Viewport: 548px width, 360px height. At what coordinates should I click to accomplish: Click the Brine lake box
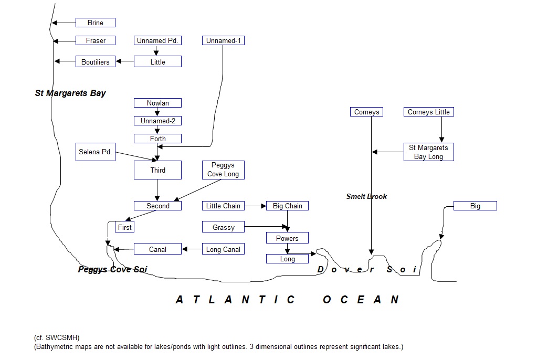click(x=96, y=23)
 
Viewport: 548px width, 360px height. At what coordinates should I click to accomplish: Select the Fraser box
click(x=96, y=40)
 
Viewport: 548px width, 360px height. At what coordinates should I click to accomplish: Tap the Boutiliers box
click(x=96, y=62)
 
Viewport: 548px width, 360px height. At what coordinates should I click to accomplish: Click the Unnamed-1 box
click(x=223, y=40)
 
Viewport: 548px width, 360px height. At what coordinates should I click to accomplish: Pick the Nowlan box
click(x=157, y=103)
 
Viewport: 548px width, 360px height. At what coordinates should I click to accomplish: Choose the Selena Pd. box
click(x=96, y=152)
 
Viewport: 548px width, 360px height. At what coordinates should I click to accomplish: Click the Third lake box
click(x=157, y=170)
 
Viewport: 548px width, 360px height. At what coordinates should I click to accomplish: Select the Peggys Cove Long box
click(x=223, y=170)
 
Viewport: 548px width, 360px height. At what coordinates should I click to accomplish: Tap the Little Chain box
click(x=223, y=206)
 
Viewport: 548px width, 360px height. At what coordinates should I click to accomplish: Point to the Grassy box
click(x=223, y=227)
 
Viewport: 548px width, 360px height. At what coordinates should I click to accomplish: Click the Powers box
click(x=287, y=238)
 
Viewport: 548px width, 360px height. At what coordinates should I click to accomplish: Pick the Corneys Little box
click(x=428, y=112)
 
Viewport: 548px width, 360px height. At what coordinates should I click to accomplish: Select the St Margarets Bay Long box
click(x=428, y=152)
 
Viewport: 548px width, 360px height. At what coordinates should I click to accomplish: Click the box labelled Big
click(x=475, y=206)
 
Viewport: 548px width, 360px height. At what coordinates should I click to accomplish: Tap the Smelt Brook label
click(x=366, y=196)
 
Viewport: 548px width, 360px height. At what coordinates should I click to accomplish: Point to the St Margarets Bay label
click(x=70, y=93)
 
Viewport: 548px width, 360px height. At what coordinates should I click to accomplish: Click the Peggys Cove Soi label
click(x=112, y=270)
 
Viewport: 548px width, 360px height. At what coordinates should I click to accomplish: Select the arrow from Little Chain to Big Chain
click(x=255, y=206)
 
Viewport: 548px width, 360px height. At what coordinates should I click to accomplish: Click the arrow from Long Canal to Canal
click(x=192, y=249)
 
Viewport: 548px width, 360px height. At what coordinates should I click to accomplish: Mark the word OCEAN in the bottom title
click(x=361, y=300)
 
